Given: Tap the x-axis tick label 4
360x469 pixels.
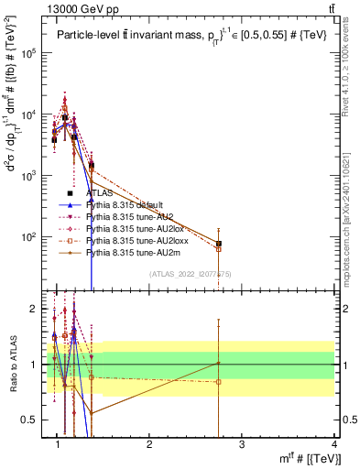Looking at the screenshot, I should [334, 444].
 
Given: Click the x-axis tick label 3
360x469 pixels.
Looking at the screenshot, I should [242, 444].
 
